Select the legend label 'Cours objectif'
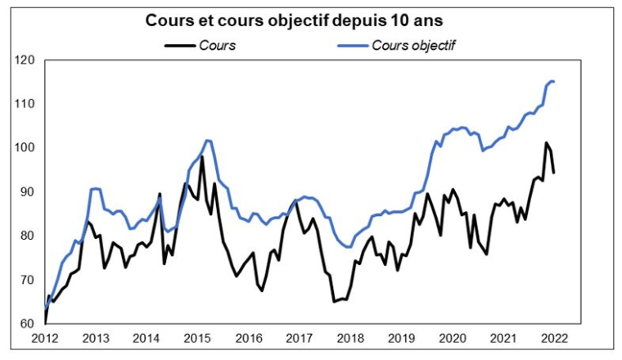click(x=412, y=45)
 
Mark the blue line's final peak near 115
click(x=551, y=81)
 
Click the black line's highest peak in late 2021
click(x=546, y=143)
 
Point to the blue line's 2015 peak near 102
click(x=208, y=141)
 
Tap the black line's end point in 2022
click(x=554, y=173)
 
